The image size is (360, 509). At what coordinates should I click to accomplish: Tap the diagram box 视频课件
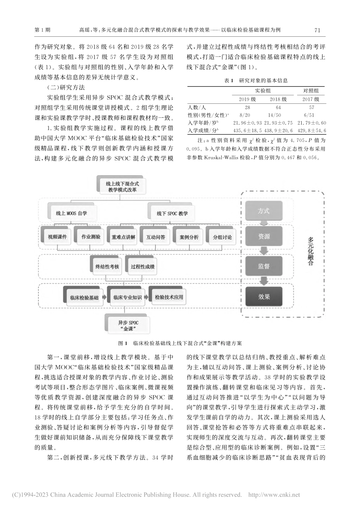point(58,237)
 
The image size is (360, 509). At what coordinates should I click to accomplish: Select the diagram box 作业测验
point(91,237)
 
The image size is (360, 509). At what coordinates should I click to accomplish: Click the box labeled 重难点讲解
point(124,237)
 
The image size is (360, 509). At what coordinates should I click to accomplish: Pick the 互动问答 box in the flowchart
point(156,237)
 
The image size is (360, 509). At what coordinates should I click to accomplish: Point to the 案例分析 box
point(189,237)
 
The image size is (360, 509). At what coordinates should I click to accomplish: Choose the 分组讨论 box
point(222,237)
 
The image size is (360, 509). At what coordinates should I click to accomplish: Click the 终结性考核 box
point(107,267)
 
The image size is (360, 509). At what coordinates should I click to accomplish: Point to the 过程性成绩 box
point(142,267)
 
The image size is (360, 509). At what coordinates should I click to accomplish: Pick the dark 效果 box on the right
point(264,297)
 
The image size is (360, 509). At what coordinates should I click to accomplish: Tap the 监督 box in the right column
point(264,266)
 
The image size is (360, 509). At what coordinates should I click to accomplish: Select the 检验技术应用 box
point(169,297)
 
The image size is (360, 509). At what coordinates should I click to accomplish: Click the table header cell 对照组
point(311,91)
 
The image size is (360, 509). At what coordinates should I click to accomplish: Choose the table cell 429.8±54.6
point(312,131)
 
